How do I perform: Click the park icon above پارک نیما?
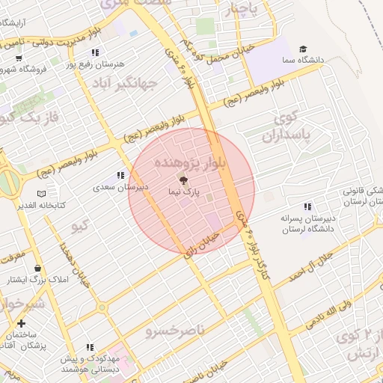pos(183,180)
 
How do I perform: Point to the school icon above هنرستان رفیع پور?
pos(95,52)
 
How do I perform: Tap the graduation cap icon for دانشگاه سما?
pos(303,48)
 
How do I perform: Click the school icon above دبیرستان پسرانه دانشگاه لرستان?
pos(306,206)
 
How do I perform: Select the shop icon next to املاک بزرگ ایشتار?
pos(37,269)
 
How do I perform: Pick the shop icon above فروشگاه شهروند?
pos(18,58)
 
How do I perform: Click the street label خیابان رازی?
pos(201,242)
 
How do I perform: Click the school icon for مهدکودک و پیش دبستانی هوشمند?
pos(91,347)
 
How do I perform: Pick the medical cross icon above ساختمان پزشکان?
pos(20,323)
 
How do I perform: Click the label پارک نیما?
pos(184,193)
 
